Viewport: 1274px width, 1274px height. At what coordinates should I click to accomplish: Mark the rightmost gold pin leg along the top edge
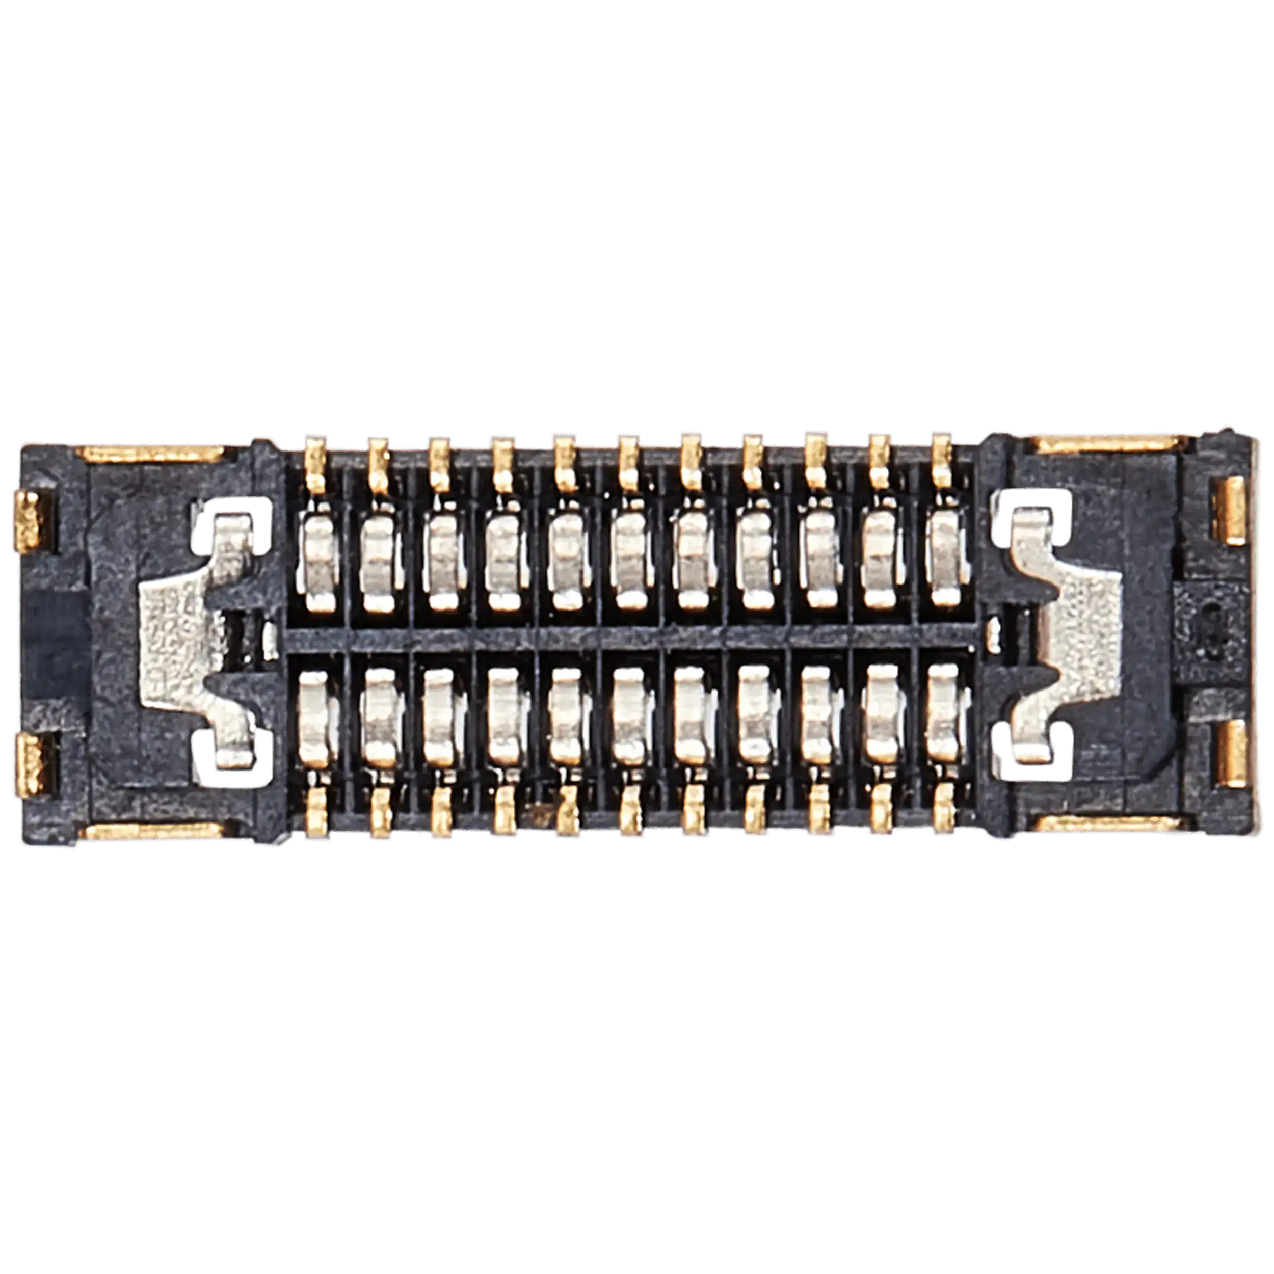pyautogui.click(x=943, y=462)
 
